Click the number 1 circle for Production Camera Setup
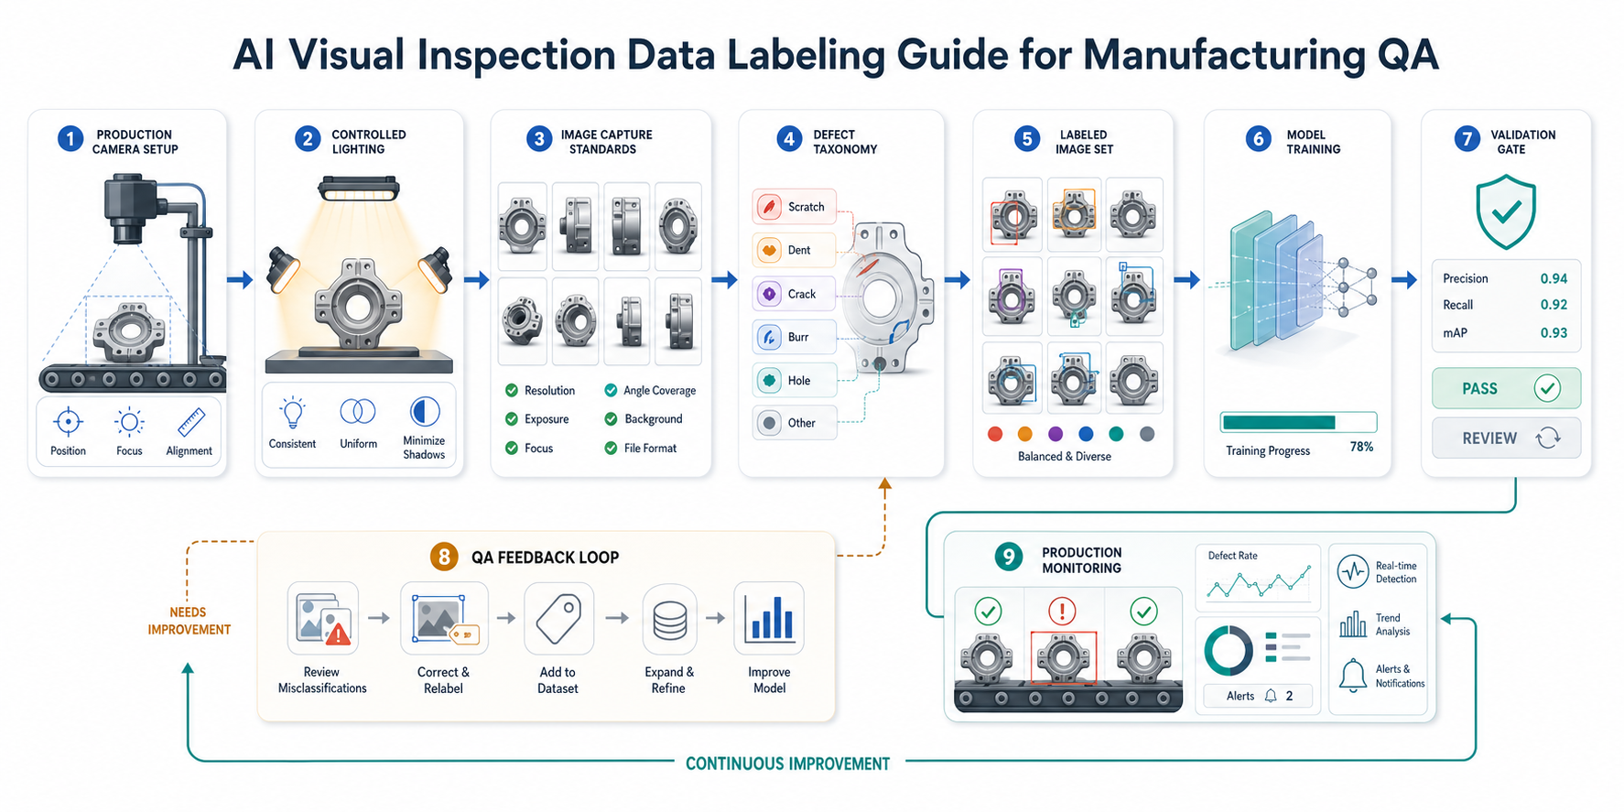(x=70, y=139)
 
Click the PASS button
(x=1506, y=388)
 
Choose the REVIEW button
(x=1506, y=438)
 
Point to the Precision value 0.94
(x=1554, y=278)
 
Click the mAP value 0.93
(x=1554, y=333)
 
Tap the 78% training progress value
(x=1361, y=447)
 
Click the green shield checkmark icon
(x=1505, y=214)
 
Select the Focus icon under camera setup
(x=129, y=422)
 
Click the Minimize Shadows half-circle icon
(x=425, y=412)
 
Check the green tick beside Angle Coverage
(x=611, y=390)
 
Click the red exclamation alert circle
(x=1062, y=611)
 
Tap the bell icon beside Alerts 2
(x=1271, y=696)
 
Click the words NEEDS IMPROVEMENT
(x=189, y=621)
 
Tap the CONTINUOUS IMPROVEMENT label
(x=787, y=763)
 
